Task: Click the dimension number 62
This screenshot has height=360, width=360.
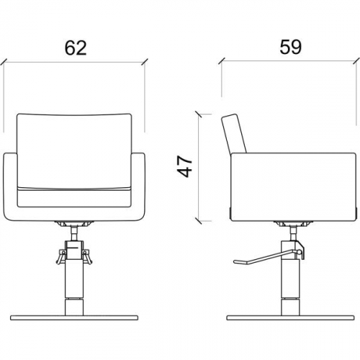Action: click(76, 48)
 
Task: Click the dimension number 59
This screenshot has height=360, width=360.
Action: click(290, 47)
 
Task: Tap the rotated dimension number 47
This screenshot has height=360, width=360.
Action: click(185, 166)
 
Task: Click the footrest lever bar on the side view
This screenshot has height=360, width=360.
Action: click(266, 257)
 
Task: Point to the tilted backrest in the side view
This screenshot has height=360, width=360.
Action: click(234, 133)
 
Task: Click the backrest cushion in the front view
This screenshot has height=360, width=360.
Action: click(74, 151)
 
